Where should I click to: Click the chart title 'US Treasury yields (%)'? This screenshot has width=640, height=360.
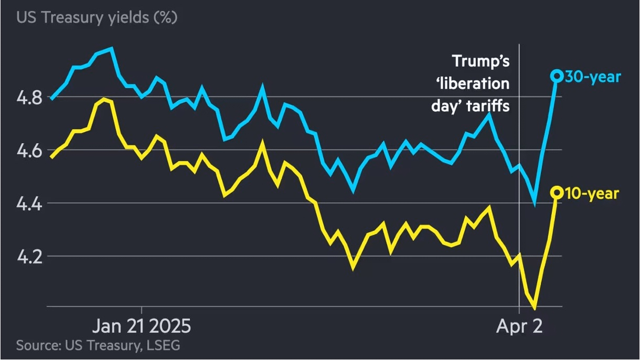[x=97, y=17]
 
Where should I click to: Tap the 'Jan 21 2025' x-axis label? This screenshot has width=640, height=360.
[x=142, y=326]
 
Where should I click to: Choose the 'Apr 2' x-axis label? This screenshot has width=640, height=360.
[x=519, y=326]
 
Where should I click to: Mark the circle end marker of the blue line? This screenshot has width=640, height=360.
[x=557, y=76]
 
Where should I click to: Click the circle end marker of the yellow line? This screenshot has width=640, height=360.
[x=557, y=193]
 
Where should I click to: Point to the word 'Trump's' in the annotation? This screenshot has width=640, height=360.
[x=481, y=61]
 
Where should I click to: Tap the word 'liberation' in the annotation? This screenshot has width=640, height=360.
[x=477, y=83]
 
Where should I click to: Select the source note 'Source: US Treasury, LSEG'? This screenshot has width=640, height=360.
[x=98, y=345]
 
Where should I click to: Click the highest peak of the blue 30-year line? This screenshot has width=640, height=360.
[x=111, y=48]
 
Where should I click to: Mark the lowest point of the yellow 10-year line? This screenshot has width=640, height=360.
[x=535, y=308]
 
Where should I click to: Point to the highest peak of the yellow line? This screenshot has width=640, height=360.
[x=104, y=99]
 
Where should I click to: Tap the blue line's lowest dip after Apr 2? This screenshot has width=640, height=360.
[x=535, y=203]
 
